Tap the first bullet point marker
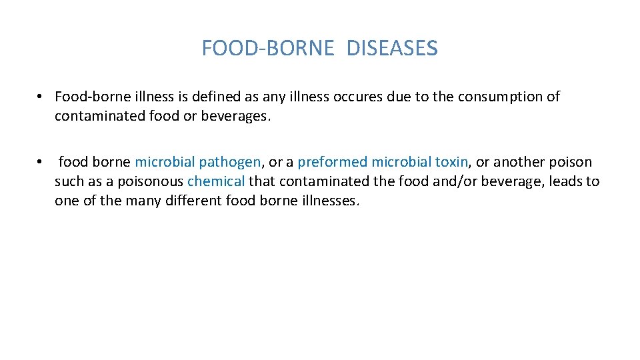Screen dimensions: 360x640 click(41, 97)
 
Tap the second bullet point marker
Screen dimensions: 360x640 click(41, 162)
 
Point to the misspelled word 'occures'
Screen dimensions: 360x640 click(359, 97)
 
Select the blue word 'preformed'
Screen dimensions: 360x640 click(332, 162)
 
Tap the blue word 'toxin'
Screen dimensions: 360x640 click(452, 162)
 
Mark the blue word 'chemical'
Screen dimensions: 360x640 click(216, 181)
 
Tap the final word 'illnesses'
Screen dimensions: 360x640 click(327, 201)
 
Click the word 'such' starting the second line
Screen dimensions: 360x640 click(68, 181)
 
